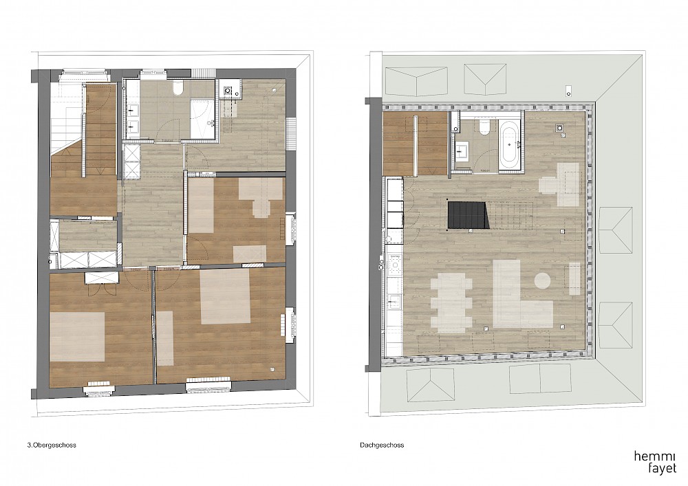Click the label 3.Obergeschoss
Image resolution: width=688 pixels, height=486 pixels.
click(x=52, y=445)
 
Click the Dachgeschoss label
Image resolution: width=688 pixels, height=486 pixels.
click(x=382, y=445)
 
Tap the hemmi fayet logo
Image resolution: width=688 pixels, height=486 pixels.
click(x=655, y=463)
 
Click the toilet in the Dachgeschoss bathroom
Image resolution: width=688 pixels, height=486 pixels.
click(x=484, y=128)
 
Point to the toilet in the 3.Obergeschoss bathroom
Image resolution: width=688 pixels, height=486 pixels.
click(x=178, y=88)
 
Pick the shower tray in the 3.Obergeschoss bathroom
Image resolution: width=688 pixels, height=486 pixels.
click(x=202, y=118)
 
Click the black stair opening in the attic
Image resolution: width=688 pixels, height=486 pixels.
click(x=468, y=215)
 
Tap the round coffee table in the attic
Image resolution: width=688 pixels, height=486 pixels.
click(x=542, y=280)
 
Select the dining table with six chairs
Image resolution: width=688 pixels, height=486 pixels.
click(x=451, y=303)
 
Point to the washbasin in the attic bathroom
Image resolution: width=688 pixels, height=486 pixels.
click(x=462, y=152)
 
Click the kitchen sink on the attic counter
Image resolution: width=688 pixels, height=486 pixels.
click(x=394, y=300)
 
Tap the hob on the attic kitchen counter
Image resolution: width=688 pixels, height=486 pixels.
click(x=396, y=265)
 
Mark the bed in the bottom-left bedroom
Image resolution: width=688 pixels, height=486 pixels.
click(x=77, y=337)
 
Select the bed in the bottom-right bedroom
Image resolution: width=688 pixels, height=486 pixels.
click(x=225, y=297)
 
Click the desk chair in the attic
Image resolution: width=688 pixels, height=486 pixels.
click(x=549, y=184)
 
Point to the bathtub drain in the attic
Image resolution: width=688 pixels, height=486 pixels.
click(x=509, y=144)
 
